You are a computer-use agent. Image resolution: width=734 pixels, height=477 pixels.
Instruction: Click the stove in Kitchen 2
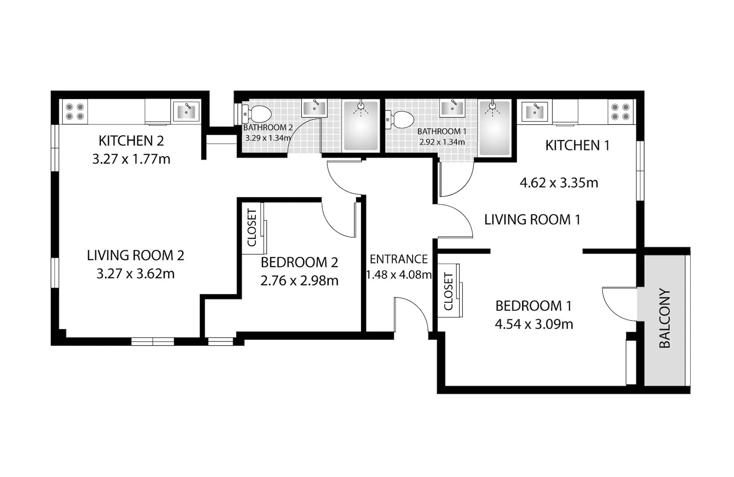coord(75,112)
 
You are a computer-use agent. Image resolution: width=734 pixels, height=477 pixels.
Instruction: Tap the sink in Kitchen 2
coord(186,111)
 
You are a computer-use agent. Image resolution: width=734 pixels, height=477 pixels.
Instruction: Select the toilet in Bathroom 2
coord(257,114)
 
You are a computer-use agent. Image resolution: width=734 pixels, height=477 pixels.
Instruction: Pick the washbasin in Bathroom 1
coord(452,108)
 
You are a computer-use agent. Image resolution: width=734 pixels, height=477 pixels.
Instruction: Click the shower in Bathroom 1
coord(495,128)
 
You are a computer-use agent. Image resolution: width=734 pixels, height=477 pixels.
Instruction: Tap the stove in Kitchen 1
coord(620,112)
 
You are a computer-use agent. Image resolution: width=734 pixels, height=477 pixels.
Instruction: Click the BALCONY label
coord(665,318)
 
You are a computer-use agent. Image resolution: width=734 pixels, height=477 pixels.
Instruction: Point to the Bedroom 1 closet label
coord(448,291)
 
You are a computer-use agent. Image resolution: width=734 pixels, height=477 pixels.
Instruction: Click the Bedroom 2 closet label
coord(252,228)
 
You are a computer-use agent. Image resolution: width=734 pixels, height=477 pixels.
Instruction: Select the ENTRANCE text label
coord(399,259)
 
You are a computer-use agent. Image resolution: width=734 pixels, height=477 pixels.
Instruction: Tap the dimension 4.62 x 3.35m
coord(559,183)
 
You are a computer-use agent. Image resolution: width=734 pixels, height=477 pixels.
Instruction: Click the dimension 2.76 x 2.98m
coord(299,281)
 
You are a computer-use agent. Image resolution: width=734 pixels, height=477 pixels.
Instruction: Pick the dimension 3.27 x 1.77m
coord(131,159)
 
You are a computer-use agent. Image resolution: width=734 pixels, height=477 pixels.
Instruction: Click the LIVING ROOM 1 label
coord(533,220)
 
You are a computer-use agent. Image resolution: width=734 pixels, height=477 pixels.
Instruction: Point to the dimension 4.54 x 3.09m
coord(534,324)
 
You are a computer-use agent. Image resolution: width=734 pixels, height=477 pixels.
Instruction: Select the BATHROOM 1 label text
coord(442,131)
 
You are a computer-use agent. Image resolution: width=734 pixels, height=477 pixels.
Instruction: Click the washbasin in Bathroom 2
coord(314,108)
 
